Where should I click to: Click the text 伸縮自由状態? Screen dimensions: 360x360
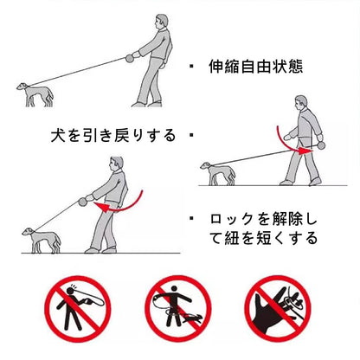tap(255, 67)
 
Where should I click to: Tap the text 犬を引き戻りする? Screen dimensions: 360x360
tap(113, 135)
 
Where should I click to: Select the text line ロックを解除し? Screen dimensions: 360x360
tap(263, 220)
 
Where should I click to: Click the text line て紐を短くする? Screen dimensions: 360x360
tap(263, 238)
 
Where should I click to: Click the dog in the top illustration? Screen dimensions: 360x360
tap(35, 94)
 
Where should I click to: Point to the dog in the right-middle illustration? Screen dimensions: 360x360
tap(218, 173)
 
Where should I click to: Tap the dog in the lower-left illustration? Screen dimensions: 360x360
tap(42, 241)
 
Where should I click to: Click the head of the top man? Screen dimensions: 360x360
tap(161, 22)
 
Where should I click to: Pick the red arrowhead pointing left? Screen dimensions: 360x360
tap(101, 207)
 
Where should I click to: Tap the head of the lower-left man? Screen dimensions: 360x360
tap(116, 164)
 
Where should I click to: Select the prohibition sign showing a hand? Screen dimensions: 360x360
tap(278, 308)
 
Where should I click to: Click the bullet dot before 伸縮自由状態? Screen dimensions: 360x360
tap(191, 67)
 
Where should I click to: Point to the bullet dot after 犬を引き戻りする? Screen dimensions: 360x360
tap(191, 135)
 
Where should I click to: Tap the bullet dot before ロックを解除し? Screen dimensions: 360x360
tap(191, 218)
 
